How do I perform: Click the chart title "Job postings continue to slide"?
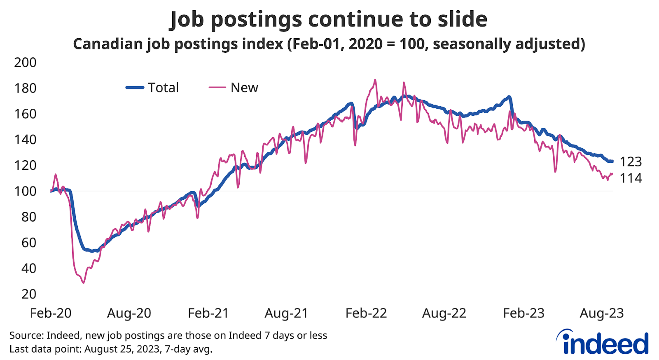coord(329,19)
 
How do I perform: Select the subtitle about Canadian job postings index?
coord(329,44)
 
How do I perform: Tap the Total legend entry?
coord(152,87)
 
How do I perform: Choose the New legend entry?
coord(234,87)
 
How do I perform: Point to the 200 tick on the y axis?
coord(25,63)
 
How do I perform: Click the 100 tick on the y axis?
coord(25,191)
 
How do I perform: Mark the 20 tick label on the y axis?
coord(29,294)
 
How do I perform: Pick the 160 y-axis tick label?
coord(25,114)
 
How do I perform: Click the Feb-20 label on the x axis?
coord(51,313)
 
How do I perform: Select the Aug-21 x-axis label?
coord(286,313)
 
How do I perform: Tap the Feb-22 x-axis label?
coord(366,313)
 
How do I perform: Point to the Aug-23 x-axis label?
coord(601,313)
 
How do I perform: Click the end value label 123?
coord(631,161)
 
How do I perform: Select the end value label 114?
coord(631,178)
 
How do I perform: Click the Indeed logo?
coord(603,342)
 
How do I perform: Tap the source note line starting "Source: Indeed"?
coord(168,335)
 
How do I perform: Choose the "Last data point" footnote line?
coord(110,349)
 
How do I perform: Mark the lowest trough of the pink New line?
coord(83,283)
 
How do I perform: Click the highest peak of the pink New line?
coord(375,80)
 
